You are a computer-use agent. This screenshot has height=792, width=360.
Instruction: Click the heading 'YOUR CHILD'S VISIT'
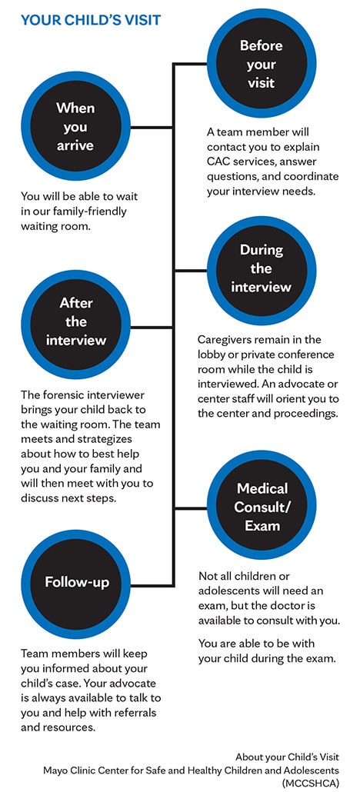pos(91,20)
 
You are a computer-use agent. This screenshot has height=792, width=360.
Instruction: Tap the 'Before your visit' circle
pos(262,64)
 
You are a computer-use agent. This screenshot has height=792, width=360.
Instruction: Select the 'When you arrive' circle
pos(75,126)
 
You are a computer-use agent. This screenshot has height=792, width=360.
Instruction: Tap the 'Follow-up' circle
pos(75,584)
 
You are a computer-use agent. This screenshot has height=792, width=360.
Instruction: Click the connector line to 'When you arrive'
pos(152,127)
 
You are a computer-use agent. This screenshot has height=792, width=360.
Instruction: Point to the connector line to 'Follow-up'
pos(152,585)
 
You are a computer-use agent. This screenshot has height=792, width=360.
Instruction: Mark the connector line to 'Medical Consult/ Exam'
pos(191,508)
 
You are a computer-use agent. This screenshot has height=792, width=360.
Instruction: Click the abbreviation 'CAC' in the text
pos(218,162)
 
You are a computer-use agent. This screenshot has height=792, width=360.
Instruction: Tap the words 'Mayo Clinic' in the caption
pos(67,770)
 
